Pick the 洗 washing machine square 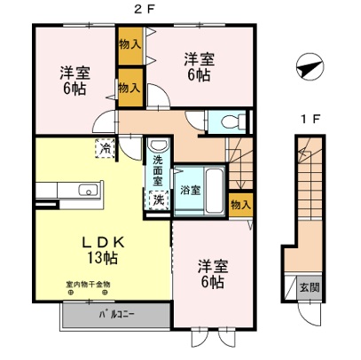click(157, 199)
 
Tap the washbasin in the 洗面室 click(158, 145)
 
